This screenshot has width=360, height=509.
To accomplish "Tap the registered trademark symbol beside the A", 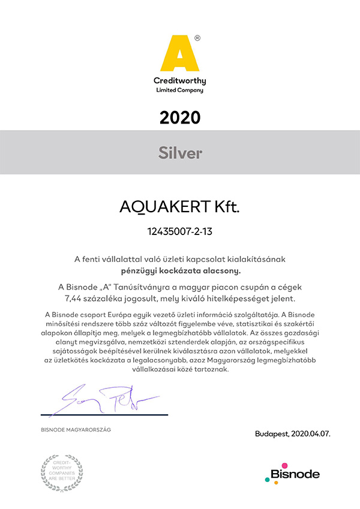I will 198,37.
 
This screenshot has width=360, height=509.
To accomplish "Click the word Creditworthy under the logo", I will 180,80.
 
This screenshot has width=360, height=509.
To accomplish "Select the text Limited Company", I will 180,91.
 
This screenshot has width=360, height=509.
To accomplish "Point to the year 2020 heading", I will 180,117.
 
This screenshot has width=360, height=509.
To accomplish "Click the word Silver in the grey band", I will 180,153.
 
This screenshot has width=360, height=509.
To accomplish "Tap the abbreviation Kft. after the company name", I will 223,207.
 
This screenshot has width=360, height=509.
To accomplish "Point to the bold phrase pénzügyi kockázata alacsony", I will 180,271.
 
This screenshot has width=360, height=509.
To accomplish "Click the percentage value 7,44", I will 74,298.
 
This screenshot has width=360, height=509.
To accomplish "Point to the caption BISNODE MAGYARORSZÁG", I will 76,430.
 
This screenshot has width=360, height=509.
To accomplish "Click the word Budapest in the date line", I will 271,433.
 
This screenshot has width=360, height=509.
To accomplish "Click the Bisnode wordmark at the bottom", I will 295,475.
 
